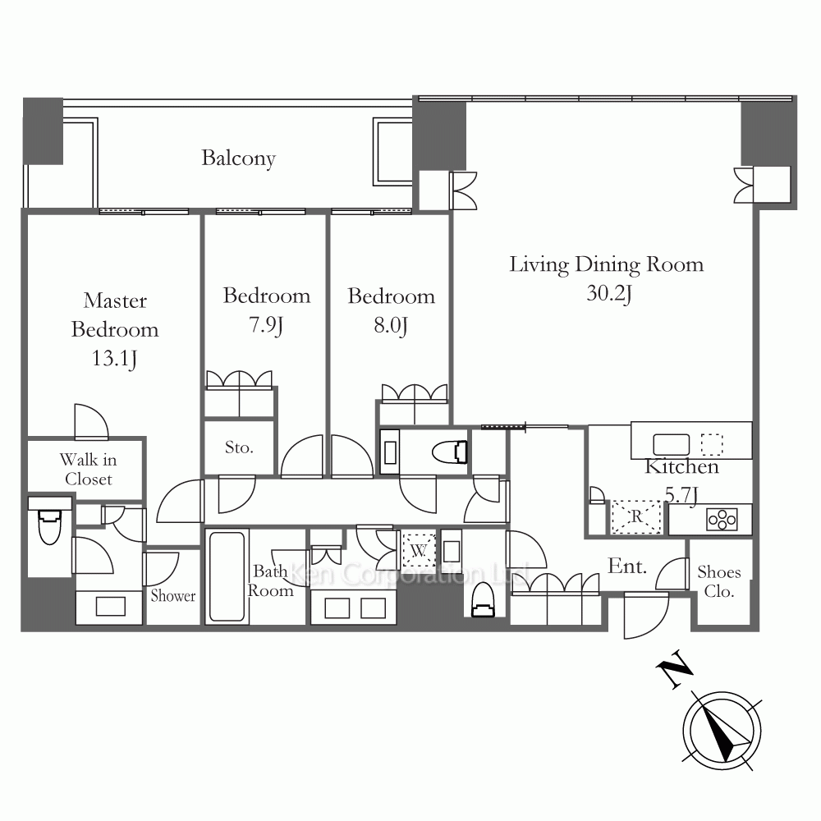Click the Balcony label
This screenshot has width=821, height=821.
238,158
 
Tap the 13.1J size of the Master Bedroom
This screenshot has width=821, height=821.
115,359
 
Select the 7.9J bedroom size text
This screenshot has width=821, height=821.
266,325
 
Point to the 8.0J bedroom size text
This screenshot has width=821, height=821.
391,326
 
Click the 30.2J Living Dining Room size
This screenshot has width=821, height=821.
609,293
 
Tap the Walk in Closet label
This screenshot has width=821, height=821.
88,469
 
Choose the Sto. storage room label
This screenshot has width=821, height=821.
239,447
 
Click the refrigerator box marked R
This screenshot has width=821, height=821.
636,517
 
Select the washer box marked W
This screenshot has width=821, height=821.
419,550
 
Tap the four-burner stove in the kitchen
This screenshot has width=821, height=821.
722,521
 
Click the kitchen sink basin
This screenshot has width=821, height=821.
672,444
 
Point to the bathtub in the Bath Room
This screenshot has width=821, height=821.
227,576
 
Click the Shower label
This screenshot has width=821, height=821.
172,596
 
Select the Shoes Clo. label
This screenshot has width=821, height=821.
719,582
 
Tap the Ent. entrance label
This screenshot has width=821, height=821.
627,566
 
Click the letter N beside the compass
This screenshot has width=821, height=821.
674,669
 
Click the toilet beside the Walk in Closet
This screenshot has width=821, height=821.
50,526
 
